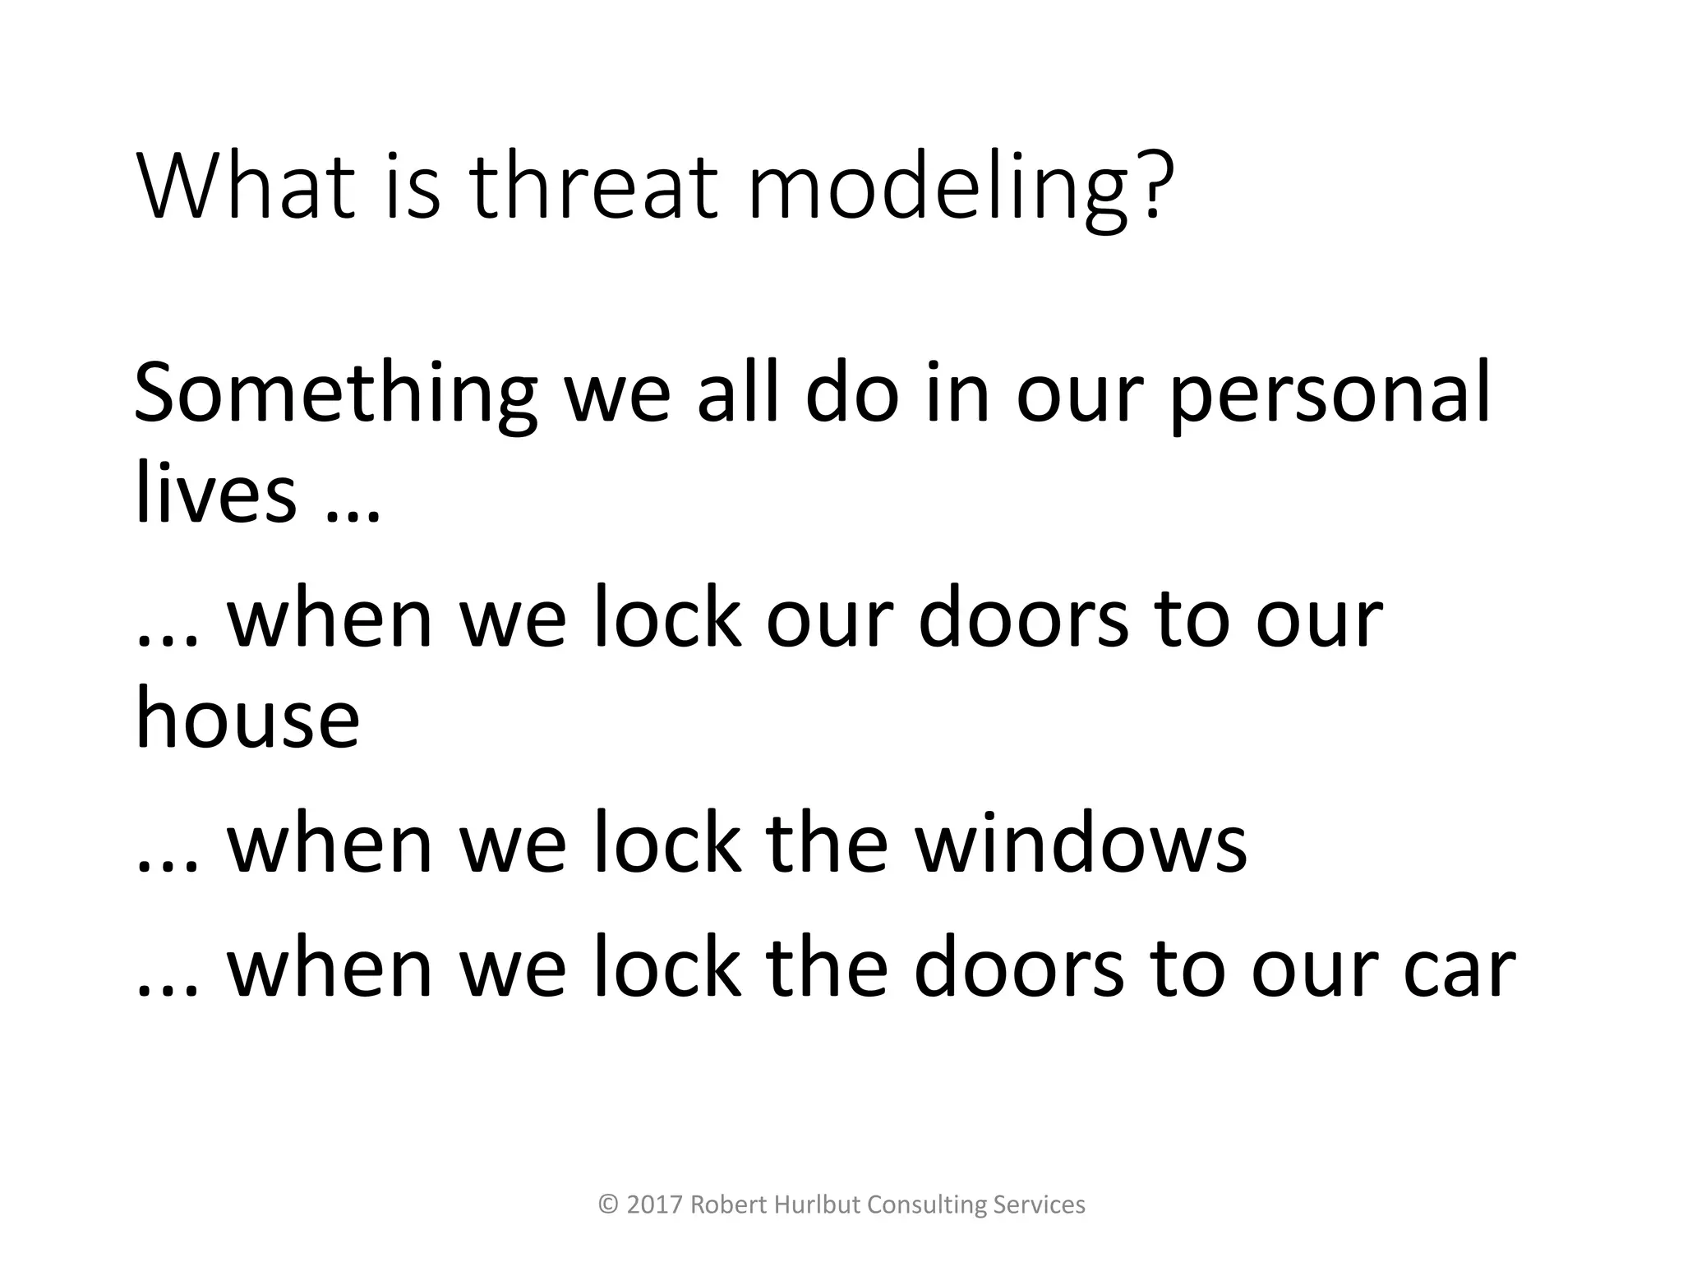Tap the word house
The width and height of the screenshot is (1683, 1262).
tap(247, 717)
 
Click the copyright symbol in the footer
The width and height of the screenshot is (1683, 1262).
tap(608, 1204)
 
